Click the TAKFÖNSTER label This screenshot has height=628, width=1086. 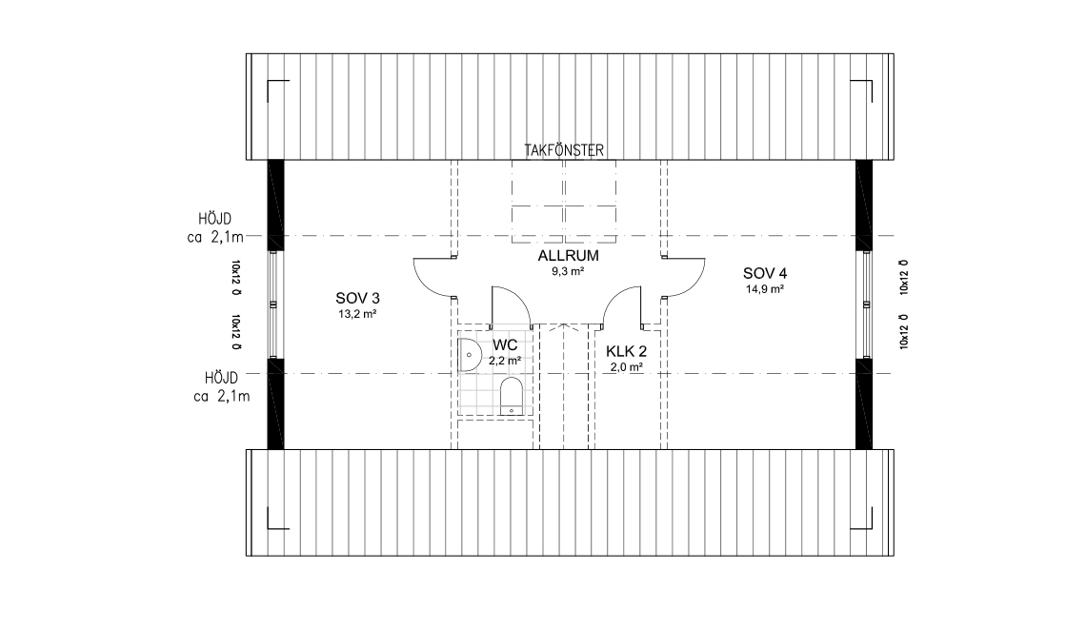(x=564, y=150)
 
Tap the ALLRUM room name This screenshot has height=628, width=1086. (x=568, y=256)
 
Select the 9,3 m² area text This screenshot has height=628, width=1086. (x=568, y=272)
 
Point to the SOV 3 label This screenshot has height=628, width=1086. (x=357, y=298)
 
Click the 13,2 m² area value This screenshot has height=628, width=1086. (x=357, y=314)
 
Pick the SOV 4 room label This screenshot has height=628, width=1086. (x=765, y=273)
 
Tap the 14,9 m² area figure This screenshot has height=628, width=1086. (x=765, y=289)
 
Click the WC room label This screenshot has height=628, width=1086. (x=505, y=344)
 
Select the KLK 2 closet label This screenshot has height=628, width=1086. (x=626, y=351)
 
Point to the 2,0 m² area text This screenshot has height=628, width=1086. (x=626, y=367)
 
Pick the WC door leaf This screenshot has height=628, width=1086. (x=493, y=306)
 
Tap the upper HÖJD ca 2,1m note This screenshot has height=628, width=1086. (x=215, y=228)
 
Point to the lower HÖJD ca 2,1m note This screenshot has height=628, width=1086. (x=222, y=387)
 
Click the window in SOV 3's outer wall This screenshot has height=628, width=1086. (x=273, y=304)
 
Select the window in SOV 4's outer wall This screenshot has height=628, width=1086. (x=867, y=304)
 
